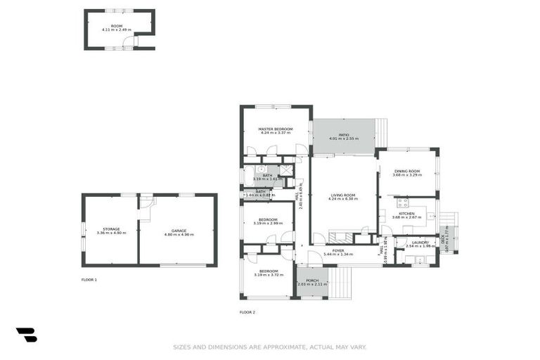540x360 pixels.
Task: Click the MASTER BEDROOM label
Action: [275, 129]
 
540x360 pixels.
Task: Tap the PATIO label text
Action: [344, 134]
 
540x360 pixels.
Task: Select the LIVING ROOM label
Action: [342, 195]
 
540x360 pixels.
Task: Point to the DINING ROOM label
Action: [407, 171]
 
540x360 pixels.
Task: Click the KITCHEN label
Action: [407, 213]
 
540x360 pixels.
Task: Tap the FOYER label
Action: [338, 250]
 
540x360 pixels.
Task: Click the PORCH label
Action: [311, 280]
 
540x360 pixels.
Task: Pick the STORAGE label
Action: [111, 229]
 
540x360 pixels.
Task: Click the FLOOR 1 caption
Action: [89, 280]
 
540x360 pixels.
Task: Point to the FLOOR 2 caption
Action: [247, 311]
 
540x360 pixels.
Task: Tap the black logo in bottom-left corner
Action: [26, 335]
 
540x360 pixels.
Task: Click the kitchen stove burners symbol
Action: [402, 203]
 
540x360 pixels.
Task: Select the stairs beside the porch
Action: [340, 283]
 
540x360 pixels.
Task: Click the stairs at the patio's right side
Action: [381, 132]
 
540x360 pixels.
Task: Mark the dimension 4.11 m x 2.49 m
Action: [116, 30]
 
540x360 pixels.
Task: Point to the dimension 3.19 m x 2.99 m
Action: [267, 224]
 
